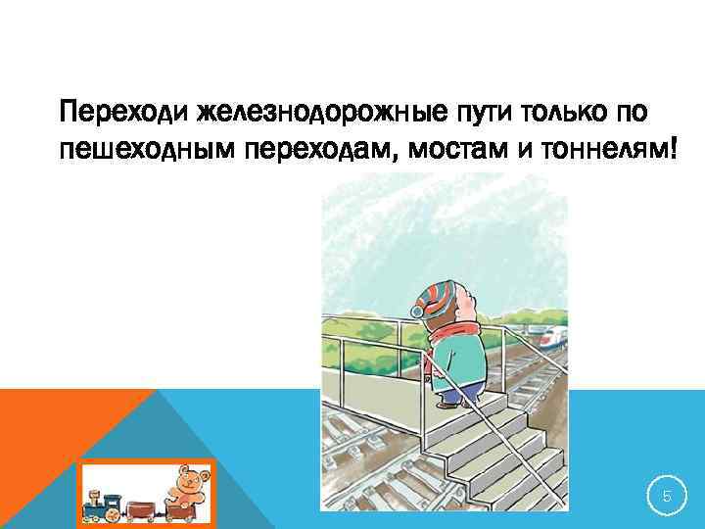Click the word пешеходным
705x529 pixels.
[x=146, y=151]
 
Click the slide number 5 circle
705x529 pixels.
[x=667, y=497]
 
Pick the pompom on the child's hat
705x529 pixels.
[x=417, y=312]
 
